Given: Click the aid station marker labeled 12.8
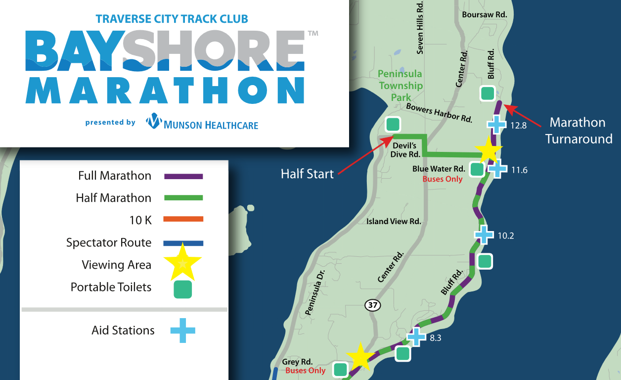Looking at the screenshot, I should point(496,125).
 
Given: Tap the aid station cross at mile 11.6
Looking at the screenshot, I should point(497,169).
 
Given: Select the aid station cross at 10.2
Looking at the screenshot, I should point(484,235).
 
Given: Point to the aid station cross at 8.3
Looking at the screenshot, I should point(416,337).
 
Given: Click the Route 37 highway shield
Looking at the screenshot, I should point(373,305).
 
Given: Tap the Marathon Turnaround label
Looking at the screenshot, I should point(578,131).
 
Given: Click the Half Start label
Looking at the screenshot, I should point(308,174).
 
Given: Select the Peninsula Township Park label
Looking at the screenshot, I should point(400,86).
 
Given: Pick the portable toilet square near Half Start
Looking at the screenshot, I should point(393,124).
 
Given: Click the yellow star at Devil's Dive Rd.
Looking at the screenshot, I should point(488,149).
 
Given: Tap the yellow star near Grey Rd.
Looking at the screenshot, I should point(359,357).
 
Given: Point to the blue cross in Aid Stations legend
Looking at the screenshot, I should point(182,331).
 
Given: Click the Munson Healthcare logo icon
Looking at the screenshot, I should point(154,121).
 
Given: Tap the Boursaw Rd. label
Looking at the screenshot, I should point(485,15).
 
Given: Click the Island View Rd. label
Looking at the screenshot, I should point(394,221).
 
